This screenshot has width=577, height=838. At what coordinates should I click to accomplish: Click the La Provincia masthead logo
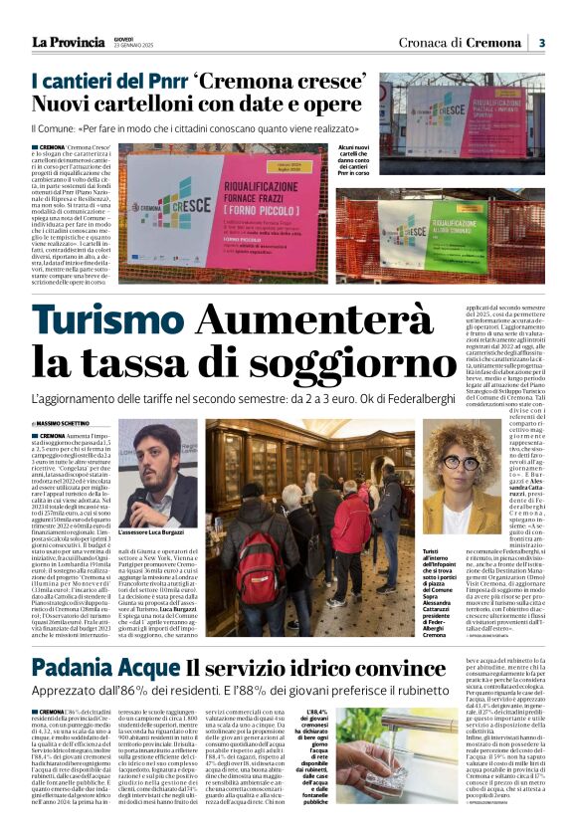click(x=68, y=41)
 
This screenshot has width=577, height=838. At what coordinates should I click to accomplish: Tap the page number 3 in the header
click(x=541, y=42)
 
